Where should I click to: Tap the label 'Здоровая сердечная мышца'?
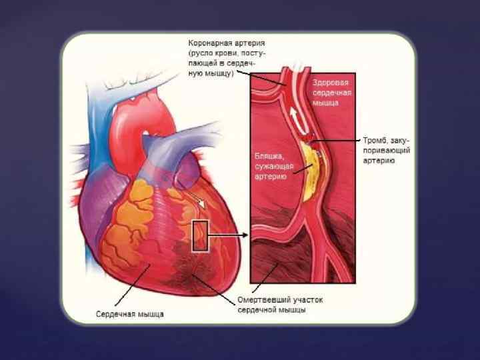coord(331,92)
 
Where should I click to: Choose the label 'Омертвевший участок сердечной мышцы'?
coord(280,305)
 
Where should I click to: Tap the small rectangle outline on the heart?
coord(201,235)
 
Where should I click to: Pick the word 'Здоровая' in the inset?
coord(331,82)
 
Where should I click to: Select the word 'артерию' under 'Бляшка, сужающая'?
coord(270,177)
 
